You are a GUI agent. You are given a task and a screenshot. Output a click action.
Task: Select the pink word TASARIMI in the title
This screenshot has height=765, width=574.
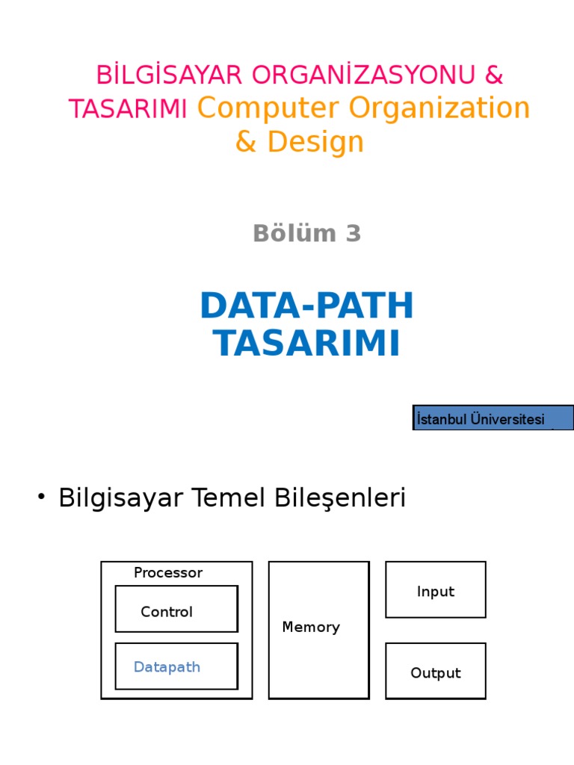(x=128, y=109)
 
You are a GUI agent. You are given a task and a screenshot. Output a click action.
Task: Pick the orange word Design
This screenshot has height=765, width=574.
(x=315, y=142)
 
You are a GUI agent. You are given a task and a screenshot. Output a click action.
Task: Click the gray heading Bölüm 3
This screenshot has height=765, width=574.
(x=307, y=234)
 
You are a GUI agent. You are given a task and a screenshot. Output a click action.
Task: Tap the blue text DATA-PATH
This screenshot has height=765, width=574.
(x=307, y=306)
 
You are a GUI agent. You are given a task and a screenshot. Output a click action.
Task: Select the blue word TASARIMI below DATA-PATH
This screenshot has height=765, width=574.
(x=307, y=344)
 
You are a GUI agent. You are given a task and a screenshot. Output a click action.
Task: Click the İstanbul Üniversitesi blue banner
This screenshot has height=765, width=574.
(x=493, y=418)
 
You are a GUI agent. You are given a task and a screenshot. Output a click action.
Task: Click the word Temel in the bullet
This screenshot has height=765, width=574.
(x=244, y=498)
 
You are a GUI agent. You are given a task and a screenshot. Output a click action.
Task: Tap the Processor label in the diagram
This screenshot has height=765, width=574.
(x=168, y=573)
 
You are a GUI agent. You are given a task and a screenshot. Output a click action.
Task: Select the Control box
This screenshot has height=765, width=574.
(x=176, y=609)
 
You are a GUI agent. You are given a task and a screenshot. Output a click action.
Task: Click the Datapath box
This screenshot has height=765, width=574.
(x=176, y=666)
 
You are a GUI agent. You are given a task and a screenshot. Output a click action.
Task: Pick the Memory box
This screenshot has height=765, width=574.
(x=318, y=630)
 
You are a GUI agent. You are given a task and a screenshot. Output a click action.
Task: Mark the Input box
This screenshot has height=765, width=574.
(x=436, y=590)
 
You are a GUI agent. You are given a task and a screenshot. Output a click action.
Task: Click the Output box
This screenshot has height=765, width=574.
(x=436, y=671)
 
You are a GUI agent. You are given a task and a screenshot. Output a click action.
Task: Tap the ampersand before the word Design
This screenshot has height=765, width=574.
(x=246, y=142)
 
